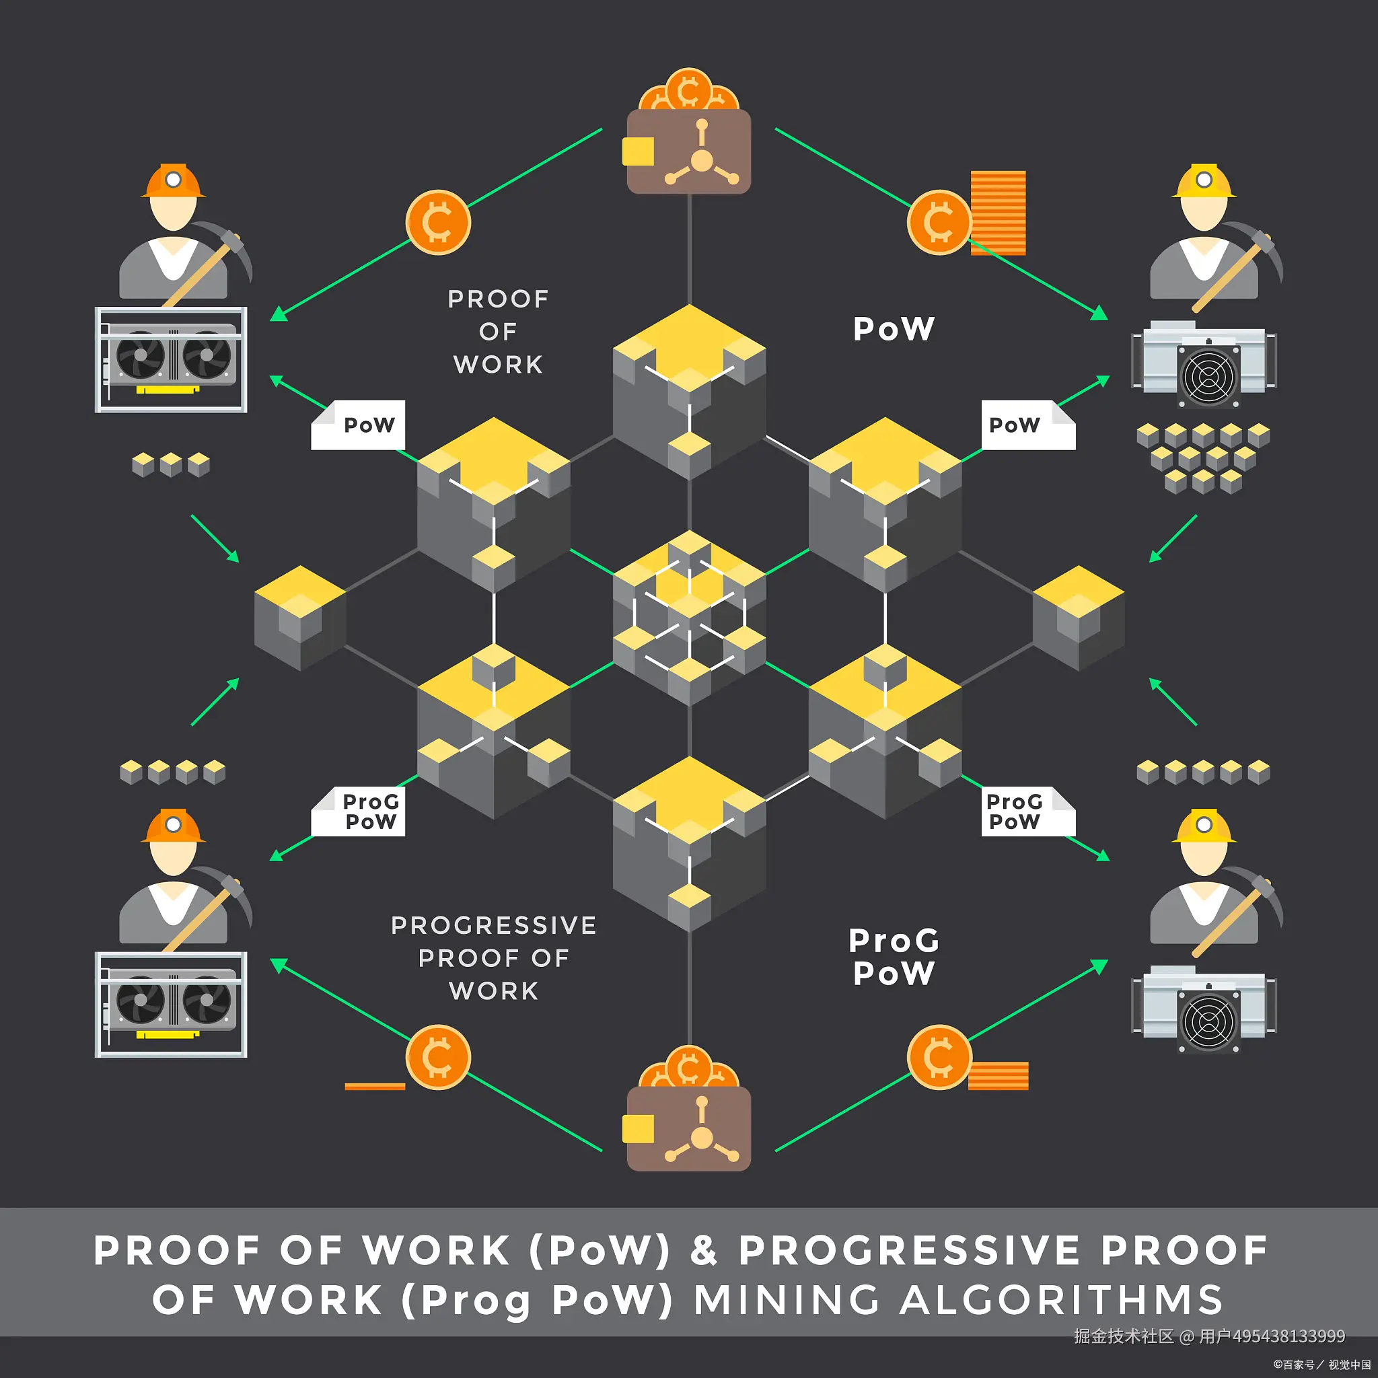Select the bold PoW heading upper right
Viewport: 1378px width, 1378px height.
pos(893,329)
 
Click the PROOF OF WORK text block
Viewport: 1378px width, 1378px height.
pos(498,332)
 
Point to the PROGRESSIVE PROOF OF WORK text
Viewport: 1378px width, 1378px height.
pos(494,958)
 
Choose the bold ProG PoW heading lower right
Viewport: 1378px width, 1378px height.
pos(893,957)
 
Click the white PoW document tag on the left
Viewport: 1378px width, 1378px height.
pos(359,425)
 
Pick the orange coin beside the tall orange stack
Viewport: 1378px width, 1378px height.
pos(939,223)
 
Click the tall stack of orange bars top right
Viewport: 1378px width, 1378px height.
pos(999,213)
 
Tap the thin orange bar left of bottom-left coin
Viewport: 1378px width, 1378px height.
pos(375,1086)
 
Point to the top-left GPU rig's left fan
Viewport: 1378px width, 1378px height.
pos(141,355)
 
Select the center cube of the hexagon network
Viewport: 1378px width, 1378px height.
pos(689,618)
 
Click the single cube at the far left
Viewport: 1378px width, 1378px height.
pos(299,618)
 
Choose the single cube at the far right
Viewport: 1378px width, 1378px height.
pos(1079,618)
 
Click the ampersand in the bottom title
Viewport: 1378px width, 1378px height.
pos(703,1251)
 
